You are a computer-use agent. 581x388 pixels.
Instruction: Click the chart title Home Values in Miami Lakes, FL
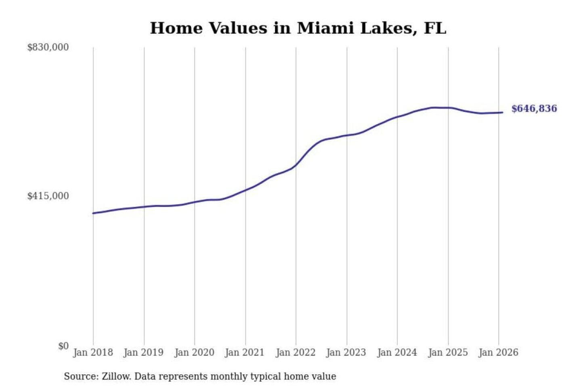point(298,28)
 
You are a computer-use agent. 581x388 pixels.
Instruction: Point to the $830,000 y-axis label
point(48,47)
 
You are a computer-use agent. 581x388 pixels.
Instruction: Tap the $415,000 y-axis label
point(48,196)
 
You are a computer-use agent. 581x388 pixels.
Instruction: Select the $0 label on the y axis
point(63,346)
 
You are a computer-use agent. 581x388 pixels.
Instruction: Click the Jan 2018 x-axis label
point(93,352)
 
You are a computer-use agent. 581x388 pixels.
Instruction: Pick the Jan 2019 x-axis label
point(143,352)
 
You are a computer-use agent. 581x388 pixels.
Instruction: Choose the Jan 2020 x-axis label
point(194,352)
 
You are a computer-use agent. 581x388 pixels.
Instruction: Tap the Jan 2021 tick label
point(245,352)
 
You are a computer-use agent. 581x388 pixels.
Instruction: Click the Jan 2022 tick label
point(295,352)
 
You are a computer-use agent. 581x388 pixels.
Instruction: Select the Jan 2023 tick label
point(346,352)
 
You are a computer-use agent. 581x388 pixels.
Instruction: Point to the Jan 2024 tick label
point(397,352)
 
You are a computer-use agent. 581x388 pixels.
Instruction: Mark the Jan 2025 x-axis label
point(447,352)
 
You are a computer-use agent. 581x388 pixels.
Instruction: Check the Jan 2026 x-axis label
point(498,352)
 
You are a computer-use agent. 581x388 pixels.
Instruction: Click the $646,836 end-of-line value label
point(534,109)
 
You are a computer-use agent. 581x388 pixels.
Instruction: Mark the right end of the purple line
point(502,112)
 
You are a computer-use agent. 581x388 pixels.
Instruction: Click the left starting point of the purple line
point(93,213)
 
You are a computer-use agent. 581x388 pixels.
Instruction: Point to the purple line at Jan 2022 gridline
point(296,165)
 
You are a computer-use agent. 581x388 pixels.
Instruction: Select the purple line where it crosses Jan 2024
point(397,117)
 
